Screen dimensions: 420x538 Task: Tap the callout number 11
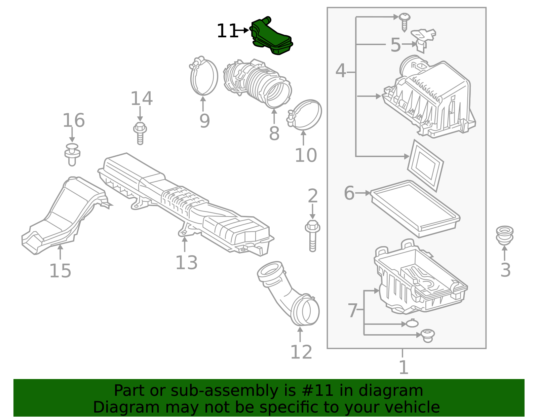click(x=227, y=31)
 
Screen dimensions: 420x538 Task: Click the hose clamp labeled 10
click(x=305, y=115)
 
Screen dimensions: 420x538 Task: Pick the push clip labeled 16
click(x=72, y=154)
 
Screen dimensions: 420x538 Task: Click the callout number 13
click(x=186, y=263)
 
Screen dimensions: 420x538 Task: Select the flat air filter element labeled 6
click(x=415, y=208)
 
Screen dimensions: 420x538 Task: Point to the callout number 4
click(x=341, y=71)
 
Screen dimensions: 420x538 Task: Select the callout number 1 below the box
click(x=403, y=367)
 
